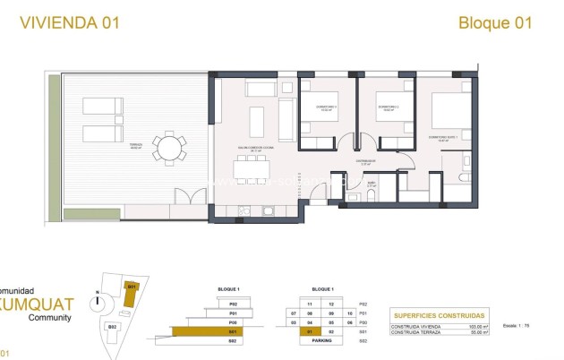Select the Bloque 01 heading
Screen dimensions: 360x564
495,22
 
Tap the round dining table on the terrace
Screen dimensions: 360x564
167,146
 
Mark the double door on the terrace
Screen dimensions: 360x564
184,197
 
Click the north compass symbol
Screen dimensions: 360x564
96,303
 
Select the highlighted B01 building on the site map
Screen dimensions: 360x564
131,290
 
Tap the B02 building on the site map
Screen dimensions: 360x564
113,326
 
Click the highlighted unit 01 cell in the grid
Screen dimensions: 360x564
309,332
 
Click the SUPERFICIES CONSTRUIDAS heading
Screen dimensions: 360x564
439,316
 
